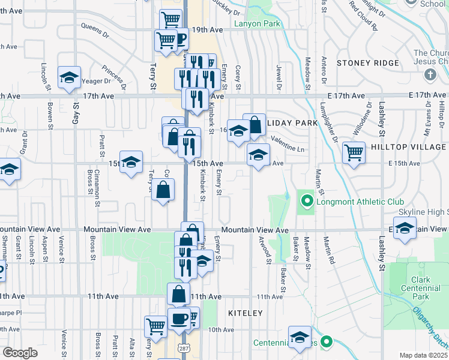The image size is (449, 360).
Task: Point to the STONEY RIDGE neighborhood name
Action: (367, 63)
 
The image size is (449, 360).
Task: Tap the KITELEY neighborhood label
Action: (246, 313)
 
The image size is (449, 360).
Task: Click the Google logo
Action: (20, 353)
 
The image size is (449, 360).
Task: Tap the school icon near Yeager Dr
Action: (70, 77)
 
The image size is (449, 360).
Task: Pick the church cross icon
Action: (429, 74)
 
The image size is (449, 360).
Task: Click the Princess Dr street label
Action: (113, 76)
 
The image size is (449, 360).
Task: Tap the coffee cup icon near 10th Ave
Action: (179, 319)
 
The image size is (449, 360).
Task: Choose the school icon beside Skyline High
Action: (406, 228)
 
